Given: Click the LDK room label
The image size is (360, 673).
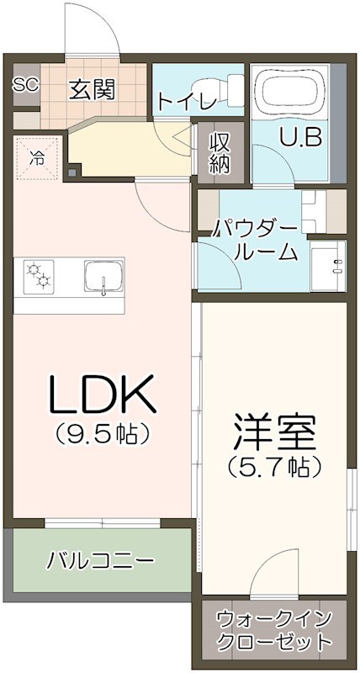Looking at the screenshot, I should [x=102, y=393].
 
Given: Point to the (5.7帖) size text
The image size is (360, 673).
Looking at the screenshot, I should [x=275, y=464].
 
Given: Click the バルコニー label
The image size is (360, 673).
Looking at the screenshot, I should [x=99, y=559].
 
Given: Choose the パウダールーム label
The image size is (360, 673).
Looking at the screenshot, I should [x=254, y=239].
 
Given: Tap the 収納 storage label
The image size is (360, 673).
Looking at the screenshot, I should [x=220, y=151].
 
